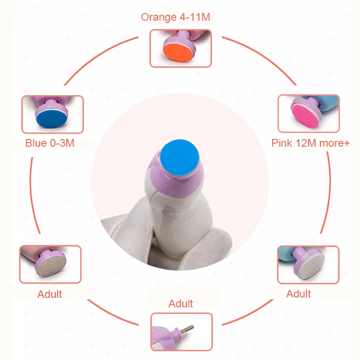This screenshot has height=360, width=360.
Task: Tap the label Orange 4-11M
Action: click(175, 17)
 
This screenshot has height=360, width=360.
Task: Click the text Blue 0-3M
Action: click(49, 144)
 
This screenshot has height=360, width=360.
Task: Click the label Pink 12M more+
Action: click(310, 143)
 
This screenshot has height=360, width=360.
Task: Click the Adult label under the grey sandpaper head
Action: click(49, 294)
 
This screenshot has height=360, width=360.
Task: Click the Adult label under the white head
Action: click(298, 294)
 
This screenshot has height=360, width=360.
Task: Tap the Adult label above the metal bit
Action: click(180, 304)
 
